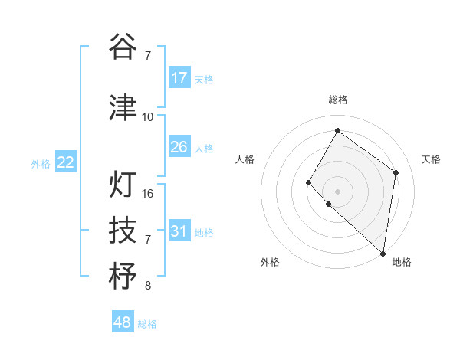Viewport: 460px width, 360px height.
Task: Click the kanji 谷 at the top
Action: click(123, 47)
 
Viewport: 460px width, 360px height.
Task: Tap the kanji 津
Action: click(123, 108)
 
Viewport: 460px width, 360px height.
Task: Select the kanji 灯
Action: click(123, 185)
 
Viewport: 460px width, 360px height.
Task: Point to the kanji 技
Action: click(123, 230)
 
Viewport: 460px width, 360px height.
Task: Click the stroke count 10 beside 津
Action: click(147, 116)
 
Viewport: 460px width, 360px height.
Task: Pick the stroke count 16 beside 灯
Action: click(148, 193)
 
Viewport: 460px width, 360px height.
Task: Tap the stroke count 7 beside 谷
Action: click(147, 55)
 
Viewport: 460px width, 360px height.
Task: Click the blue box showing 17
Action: click(179, 77)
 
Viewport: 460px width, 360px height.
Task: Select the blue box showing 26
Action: click(179, 146)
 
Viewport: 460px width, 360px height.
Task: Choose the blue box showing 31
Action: click(179, 231)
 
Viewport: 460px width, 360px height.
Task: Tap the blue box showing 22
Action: click(66, 162)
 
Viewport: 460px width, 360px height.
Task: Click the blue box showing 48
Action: click(123, 322)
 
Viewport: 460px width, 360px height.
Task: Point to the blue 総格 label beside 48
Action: click(147, 324)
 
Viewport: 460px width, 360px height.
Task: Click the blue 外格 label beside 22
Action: click(41, 163)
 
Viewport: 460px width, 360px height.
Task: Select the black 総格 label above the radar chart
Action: click(337, 100)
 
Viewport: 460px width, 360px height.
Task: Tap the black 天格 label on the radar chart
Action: click(431, 159)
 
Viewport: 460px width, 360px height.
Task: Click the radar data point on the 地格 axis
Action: click(383, 254)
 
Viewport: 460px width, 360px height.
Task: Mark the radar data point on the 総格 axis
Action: click(337, 131)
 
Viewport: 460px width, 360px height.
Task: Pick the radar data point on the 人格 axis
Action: click(308, 182)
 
